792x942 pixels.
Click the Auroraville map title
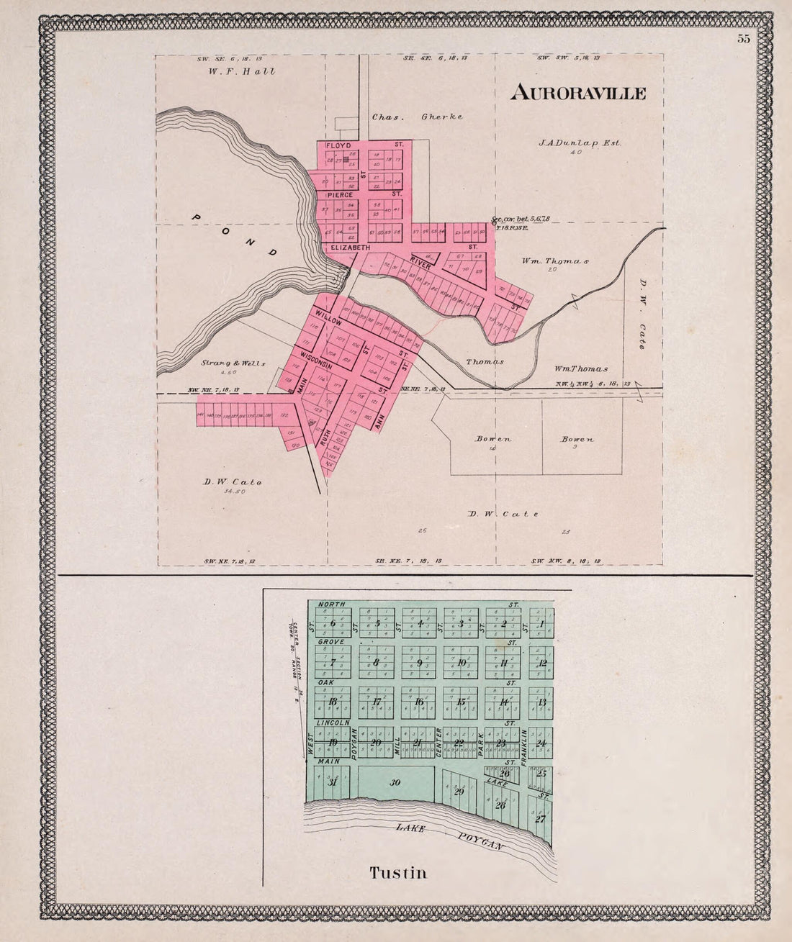pyautogui.click(x=578, y=93)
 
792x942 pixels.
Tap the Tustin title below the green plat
pyautogui.click(x=398, y=873)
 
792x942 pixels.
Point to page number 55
pyautogui.click(x=743, y=39)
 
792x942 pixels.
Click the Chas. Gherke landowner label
pyautogui.click(x=417, y=117)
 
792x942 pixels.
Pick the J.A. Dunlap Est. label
pyautogui.click(x=579, y=142)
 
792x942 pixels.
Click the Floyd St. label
pyautogui.click(x=338, y=145)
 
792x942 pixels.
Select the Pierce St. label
pyautogui.click(x=339, y=194)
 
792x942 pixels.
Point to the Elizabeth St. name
pyautogui.click(x=350, y=248)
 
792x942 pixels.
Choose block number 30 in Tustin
pyautogui.click(x=395, y=783)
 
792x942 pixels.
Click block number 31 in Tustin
pyautogui.click(x=332, y=782)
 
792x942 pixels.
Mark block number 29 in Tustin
pyautogui.click(x=459, y=792)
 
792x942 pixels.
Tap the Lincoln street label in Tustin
pyautogui.click(x=333, y=722)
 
